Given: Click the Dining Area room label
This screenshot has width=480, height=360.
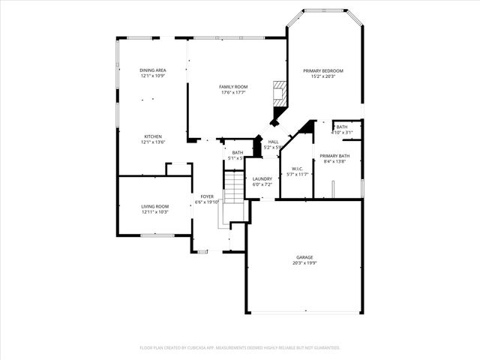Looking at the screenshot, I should pos(152,70).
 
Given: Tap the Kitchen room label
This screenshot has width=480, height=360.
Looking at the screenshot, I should pos(152,136).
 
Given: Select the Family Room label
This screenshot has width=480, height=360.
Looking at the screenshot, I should pos(233,87).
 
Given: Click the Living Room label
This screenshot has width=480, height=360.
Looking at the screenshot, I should pos(155,206).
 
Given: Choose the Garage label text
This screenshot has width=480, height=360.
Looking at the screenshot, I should pos(304,257).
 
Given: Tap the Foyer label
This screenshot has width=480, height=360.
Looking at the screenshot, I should pos(207,196).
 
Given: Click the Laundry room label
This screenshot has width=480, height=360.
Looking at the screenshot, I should pos(262,178).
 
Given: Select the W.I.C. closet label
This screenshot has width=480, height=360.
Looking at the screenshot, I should pos(296,169).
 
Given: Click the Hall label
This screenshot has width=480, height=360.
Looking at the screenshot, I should pos(273,142).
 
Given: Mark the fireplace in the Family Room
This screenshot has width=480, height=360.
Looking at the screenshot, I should pos(279,94).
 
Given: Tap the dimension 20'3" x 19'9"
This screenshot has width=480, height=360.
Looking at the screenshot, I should pos(304,263).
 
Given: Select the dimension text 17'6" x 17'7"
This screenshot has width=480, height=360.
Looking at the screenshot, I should pos(233,93).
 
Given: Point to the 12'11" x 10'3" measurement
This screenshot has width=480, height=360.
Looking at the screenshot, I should pos(155,212).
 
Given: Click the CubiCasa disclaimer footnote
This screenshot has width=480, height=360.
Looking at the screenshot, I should pos(240,347).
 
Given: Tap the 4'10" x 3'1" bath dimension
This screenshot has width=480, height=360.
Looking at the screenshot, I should pos(342,133).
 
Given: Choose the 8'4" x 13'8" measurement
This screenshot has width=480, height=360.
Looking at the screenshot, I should pos(334,161).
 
